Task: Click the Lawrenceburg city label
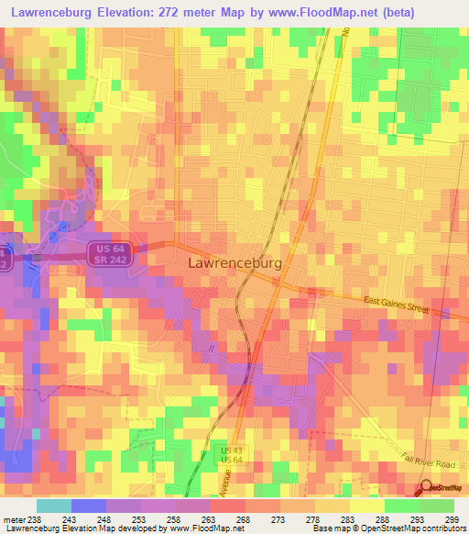click(x=234, y=261)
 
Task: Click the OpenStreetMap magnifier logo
click(x=425, y=488)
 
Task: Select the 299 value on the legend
click(x=453, y=518)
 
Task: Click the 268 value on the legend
click(x=245, y=518)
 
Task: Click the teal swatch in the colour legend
click(x=53, y=506)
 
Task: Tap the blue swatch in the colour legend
click(x=88, y=506)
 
